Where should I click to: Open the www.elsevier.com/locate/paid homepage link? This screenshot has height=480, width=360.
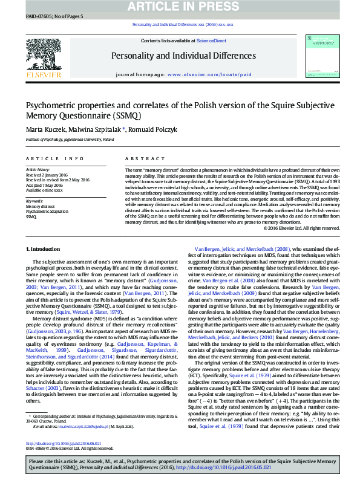click(209, 74)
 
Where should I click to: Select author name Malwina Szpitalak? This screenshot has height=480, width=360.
click(98, 129)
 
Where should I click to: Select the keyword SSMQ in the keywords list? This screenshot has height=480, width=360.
click(31, 216)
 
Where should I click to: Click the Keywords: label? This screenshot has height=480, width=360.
click(34, 201)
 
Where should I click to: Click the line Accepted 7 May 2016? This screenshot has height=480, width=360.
click(45, 184)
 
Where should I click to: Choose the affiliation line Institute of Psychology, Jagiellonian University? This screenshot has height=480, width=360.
click(70, 139)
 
